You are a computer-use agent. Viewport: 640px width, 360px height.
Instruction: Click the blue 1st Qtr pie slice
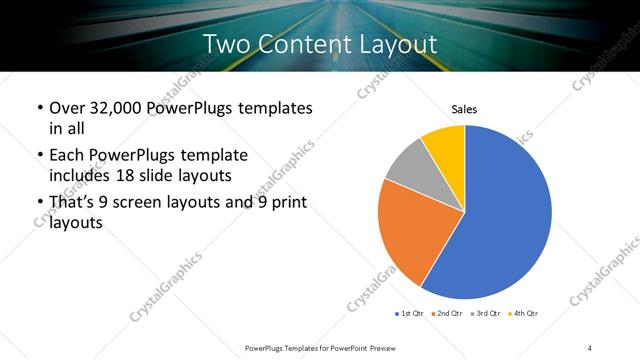click(505, 215)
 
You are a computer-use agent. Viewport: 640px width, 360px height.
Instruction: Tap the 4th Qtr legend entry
click(525, 314)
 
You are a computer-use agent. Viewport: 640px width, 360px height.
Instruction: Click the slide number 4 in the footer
click(590, 347)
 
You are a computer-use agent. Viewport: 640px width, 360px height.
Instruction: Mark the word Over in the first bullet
click(67, 108)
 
